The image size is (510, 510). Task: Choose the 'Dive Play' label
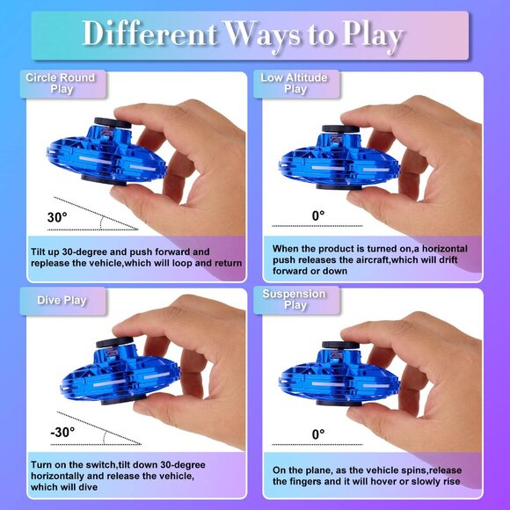(62, 300)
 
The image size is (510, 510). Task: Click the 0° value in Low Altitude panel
(318, 215)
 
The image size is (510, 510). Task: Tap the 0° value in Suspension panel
(318, 433)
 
